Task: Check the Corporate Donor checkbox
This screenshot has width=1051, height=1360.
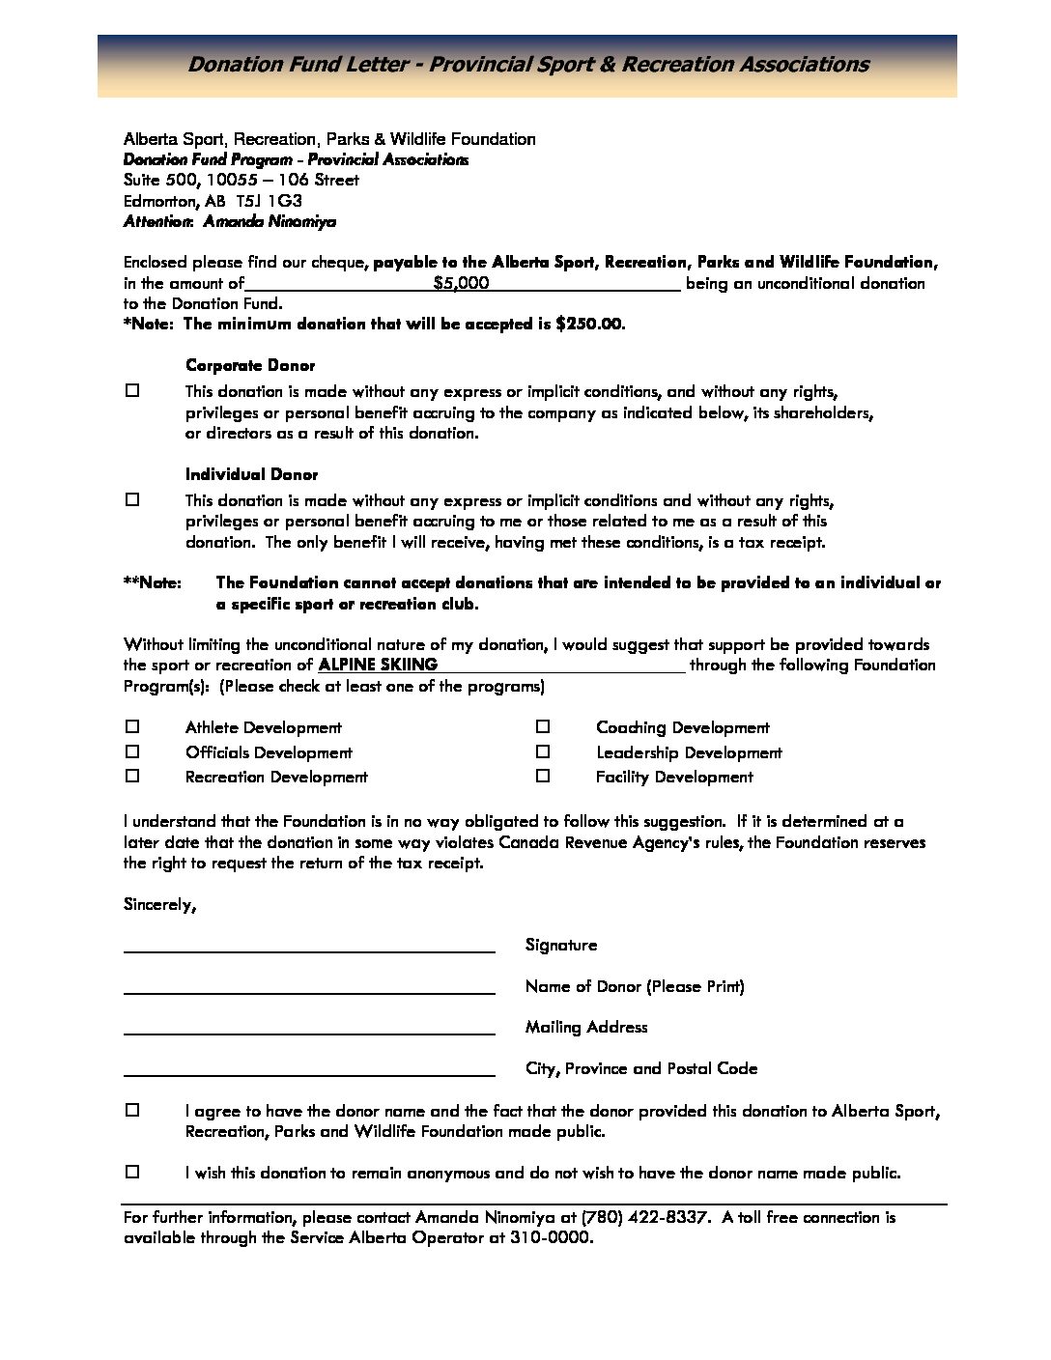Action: coord(132,391)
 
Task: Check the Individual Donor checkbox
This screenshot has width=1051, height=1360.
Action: coord(132,500)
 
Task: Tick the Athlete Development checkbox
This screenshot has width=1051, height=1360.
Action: coord(132,727)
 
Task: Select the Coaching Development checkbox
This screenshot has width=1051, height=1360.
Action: coord(543,727)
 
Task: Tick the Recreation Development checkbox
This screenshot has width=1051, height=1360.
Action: coord(132,777)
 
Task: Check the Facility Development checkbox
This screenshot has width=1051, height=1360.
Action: coord(543,777)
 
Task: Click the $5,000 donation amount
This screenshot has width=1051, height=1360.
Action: coord(461,283)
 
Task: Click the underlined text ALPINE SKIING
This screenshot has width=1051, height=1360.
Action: coord(378,665)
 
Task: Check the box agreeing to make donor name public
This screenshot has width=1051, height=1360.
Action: coord(132,1111)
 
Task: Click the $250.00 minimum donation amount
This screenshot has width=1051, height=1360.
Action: coord(589,325)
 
